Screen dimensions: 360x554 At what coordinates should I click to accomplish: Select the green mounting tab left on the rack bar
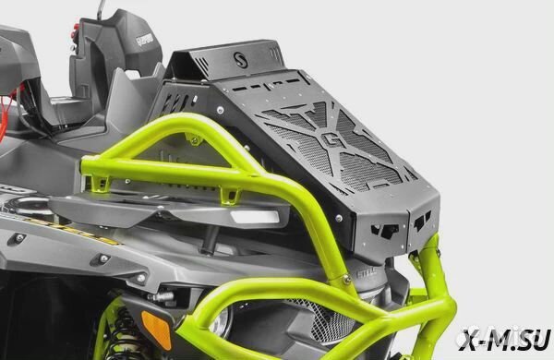click(x=193, y=138)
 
